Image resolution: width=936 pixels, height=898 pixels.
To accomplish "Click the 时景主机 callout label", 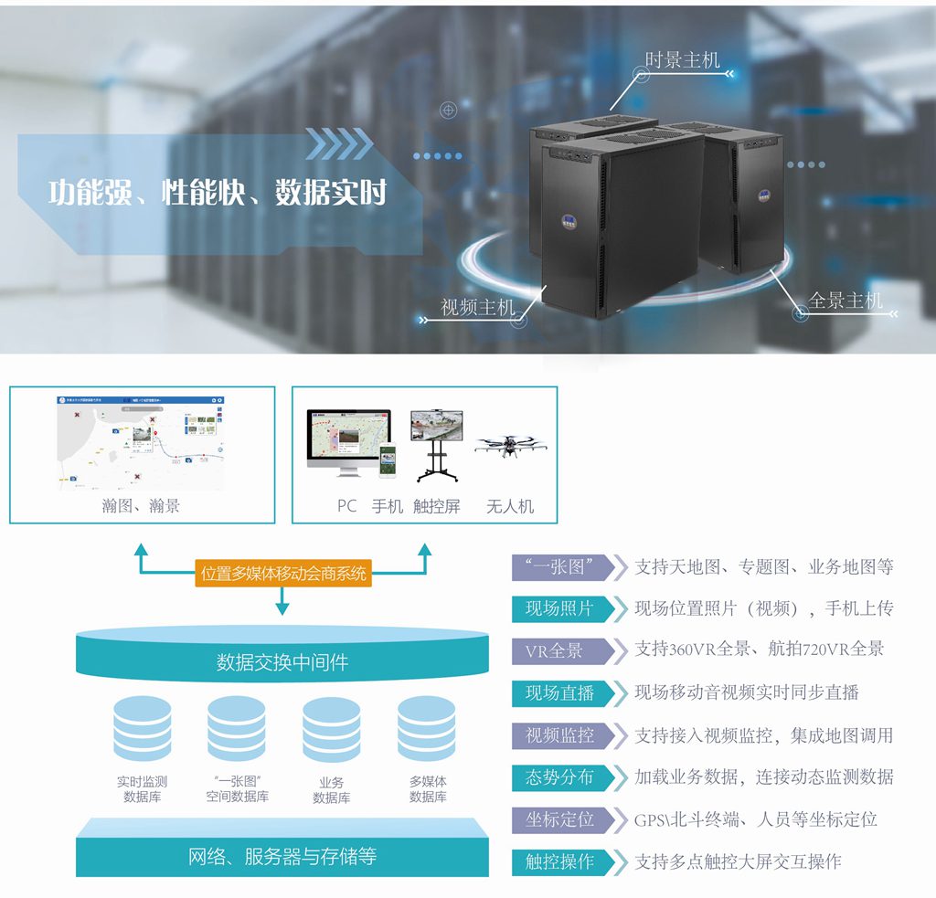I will (682, 60).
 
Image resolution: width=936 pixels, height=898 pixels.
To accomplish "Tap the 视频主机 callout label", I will (478, 308).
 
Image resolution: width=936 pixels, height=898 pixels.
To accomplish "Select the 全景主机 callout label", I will (846, 300).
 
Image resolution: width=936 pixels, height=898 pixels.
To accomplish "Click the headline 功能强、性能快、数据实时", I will (218, 193).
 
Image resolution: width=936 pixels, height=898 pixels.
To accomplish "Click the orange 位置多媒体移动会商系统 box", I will (282, 574).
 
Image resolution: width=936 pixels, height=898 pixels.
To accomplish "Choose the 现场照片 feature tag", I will (558, 608).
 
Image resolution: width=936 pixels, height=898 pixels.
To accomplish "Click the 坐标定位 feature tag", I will (558, 819).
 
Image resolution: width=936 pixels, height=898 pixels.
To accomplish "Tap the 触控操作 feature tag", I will (558, 861).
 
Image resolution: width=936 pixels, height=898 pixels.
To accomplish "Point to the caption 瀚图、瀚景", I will (141, 505).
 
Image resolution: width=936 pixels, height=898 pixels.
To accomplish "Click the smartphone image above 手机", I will (388, 460).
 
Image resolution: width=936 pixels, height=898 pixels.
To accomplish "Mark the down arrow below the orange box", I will (282, 602).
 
